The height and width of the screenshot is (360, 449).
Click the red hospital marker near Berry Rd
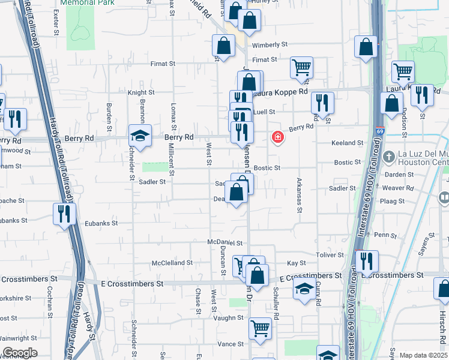(x=277, y=137)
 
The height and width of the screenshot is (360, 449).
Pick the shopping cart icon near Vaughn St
(x=260, y=328)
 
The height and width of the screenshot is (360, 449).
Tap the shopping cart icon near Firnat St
(x=301, y=67)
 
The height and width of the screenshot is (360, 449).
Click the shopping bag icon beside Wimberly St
(x=223, y=46)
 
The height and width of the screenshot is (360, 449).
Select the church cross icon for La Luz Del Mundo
(x=389, y=157)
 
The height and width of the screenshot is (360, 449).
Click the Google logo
(x=20, y=353)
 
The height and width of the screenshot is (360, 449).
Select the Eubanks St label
(x=101, y=223)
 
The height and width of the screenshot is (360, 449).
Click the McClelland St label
(x=172, y=263)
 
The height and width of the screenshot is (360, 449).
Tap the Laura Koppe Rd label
(x=281, y=92)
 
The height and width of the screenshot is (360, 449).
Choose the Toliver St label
(x=330, y=255)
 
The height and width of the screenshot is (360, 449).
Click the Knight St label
(x=141, y=92)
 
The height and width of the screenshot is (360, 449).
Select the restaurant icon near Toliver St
(x=366, y=261)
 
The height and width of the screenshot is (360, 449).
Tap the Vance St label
(x=231, y=344)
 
